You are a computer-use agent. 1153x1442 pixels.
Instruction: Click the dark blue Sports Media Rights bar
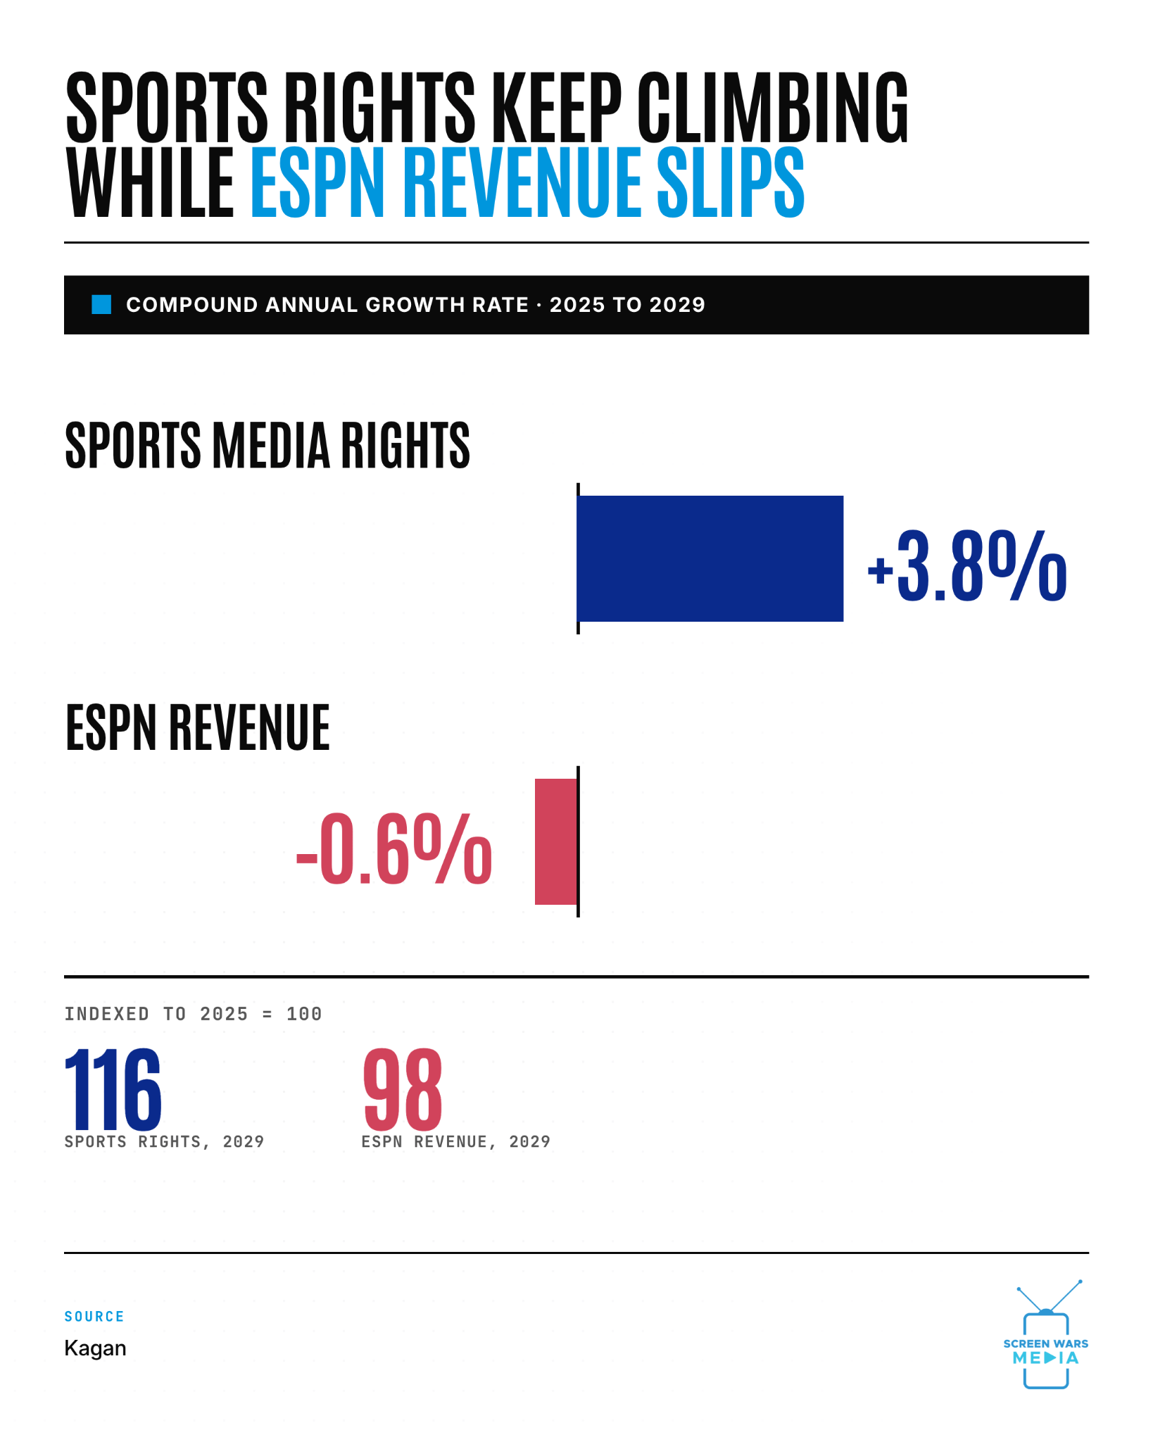coord(710,558)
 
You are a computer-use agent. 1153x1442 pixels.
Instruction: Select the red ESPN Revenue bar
coord(556,841)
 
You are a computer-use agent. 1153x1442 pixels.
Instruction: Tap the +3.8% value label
coord(967,567)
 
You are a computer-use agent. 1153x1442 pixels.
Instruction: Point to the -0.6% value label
coord(394,849)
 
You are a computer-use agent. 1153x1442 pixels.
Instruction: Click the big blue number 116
coord(113,1089)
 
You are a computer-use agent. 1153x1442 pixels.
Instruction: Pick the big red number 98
coord(403,1089)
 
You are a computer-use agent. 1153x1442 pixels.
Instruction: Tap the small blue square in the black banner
coord(101,305)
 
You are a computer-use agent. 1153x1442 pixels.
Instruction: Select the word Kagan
coord(96,1348)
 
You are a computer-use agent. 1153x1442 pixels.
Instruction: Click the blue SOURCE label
coord(94,1317)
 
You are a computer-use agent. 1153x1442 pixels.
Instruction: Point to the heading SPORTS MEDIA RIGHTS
coord(267,445)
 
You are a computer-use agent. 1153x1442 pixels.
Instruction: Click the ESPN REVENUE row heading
coord(198,727)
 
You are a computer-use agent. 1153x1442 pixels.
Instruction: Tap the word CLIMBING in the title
coord(773,107)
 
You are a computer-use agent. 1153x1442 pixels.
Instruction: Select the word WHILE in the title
coord(150,182)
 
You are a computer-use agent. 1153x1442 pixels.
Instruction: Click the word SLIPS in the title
coord(731,182)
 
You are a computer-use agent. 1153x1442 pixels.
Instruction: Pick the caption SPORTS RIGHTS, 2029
coord(164,1141)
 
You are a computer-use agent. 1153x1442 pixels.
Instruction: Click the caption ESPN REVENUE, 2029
coord(456,1141)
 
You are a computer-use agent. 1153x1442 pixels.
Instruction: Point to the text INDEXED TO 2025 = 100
coord(194,1014)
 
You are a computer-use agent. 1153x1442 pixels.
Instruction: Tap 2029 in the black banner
coord(676,305)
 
